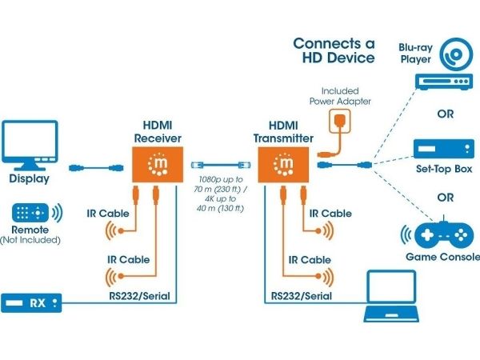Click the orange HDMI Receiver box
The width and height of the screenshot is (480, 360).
pos(158,164)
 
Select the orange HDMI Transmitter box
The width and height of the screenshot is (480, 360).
pos(283,164)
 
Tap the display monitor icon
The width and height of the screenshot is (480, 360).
pos(30,145)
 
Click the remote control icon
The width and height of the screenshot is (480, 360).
pos(30,213)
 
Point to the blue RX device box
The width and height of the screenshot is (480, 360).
pos(31,303)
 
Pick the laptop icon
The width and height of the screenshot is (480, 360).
pos(391,296)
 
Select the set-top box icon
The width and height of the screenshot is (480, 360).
pos(444,149)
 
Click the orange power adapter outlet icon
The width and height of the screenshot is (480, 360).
pos(340,121)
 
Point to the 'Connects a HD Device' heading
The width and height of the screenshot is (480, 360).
pos(334,50)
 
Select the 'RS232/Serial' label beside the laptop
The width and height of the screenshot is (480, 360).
pos(302,296)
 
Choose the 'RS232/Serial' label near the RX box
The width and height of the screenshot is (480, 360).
pos(139,296)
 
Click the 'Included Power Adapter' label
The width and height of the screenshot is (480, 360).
pos(340,96)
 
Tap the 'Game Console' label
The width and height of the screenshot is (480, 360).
pos(442,257)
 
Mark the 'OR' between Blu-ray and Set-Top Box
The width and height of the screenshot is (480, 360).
pos(446,114)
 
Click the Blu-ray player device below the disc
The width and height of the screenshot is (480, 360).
pos(444,82)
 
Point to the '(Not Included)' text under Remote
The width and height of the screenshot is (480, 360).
pos(30,240)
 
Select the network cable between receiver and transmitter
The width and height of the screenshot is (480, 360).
pos(221,166)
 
